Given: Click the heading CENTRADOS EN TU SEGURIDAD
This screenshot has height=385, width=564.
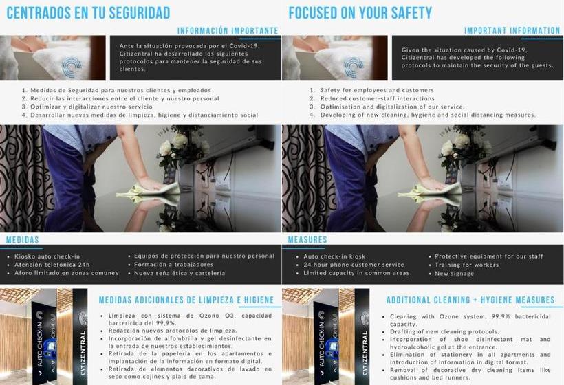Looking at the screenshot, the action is [x=88, y=13].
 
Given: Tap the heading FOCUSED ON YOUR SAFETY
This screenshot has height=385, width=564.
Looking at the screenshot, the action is [x=360, y=13].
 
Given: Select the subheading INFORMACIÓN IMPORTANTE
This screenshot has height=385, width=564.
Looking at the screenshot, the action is [x=228, y=31].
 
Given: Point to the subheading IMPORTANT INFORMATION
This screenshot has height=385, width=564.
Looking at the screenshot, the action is [x=512, y=31].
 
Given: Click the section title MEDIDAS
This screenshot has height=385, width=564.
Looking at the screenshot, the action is [x=22, y=240].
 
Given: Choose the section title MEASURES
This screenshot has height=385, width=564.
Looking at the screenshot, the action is [x=307, y=240].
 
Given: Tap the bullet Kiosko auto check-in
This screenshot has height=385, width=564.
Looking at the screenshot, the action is [x=47, y=256].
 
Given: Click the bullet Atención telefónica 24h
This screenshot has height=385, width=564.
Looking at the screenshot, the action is [x=52, y=265].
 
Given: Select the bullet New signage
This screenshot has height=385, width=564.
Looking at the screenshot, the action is [x=454, y=274].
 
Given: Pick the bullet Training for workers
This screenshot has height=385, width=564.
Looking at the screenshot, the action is [x=467, y=265].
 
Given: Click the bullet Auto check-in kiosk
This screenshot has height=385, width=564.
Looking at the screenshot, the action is [x=334, y=256].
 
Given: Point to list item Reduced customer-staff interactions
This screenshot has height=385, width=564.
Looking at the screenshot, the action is [x=378, y=98].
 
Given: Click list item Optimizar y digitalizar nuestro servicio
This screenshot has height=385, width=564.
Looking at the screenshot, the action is [x=91, y=107].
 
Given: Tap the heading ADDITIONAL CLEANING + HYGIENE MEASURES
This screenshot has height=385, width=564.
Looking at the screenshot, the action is [x=470, y=300].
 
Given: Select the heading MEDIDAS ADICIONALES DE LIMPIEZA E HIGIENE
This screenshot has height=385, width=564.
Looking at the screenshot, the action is [x=186, y=300].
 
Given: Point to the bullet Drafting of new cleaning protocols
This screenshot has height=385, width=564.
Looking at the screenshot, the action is [x=444, y=332].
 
